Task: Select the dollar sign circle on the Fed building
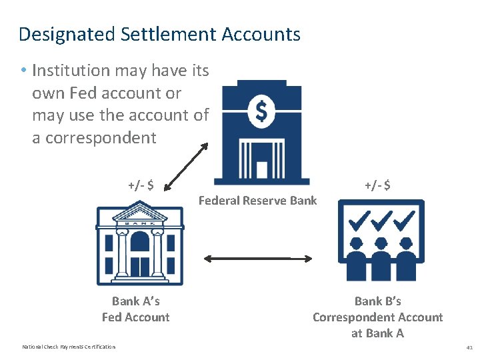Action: point(261,112)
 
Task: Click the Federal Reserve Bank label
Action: point(258,201)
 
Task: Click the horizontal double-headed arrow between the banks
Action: point(258,258)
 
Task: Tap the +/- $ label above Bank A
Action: point(141,185)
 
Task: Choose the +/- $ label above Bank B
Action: point(377,185)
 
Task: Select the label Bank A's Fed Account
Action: point(136,309)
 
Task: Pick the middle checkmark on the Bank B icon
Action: point(381,219)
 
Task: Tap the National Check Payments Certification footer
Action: point(69,347)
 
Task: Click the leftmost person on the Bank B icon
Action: point(356,253)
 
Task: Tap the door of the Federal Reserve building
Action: point(261,169)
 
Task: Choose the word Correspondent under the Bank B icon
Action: point(377,317)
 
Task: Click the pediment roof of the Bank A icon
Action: point(140,215)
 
